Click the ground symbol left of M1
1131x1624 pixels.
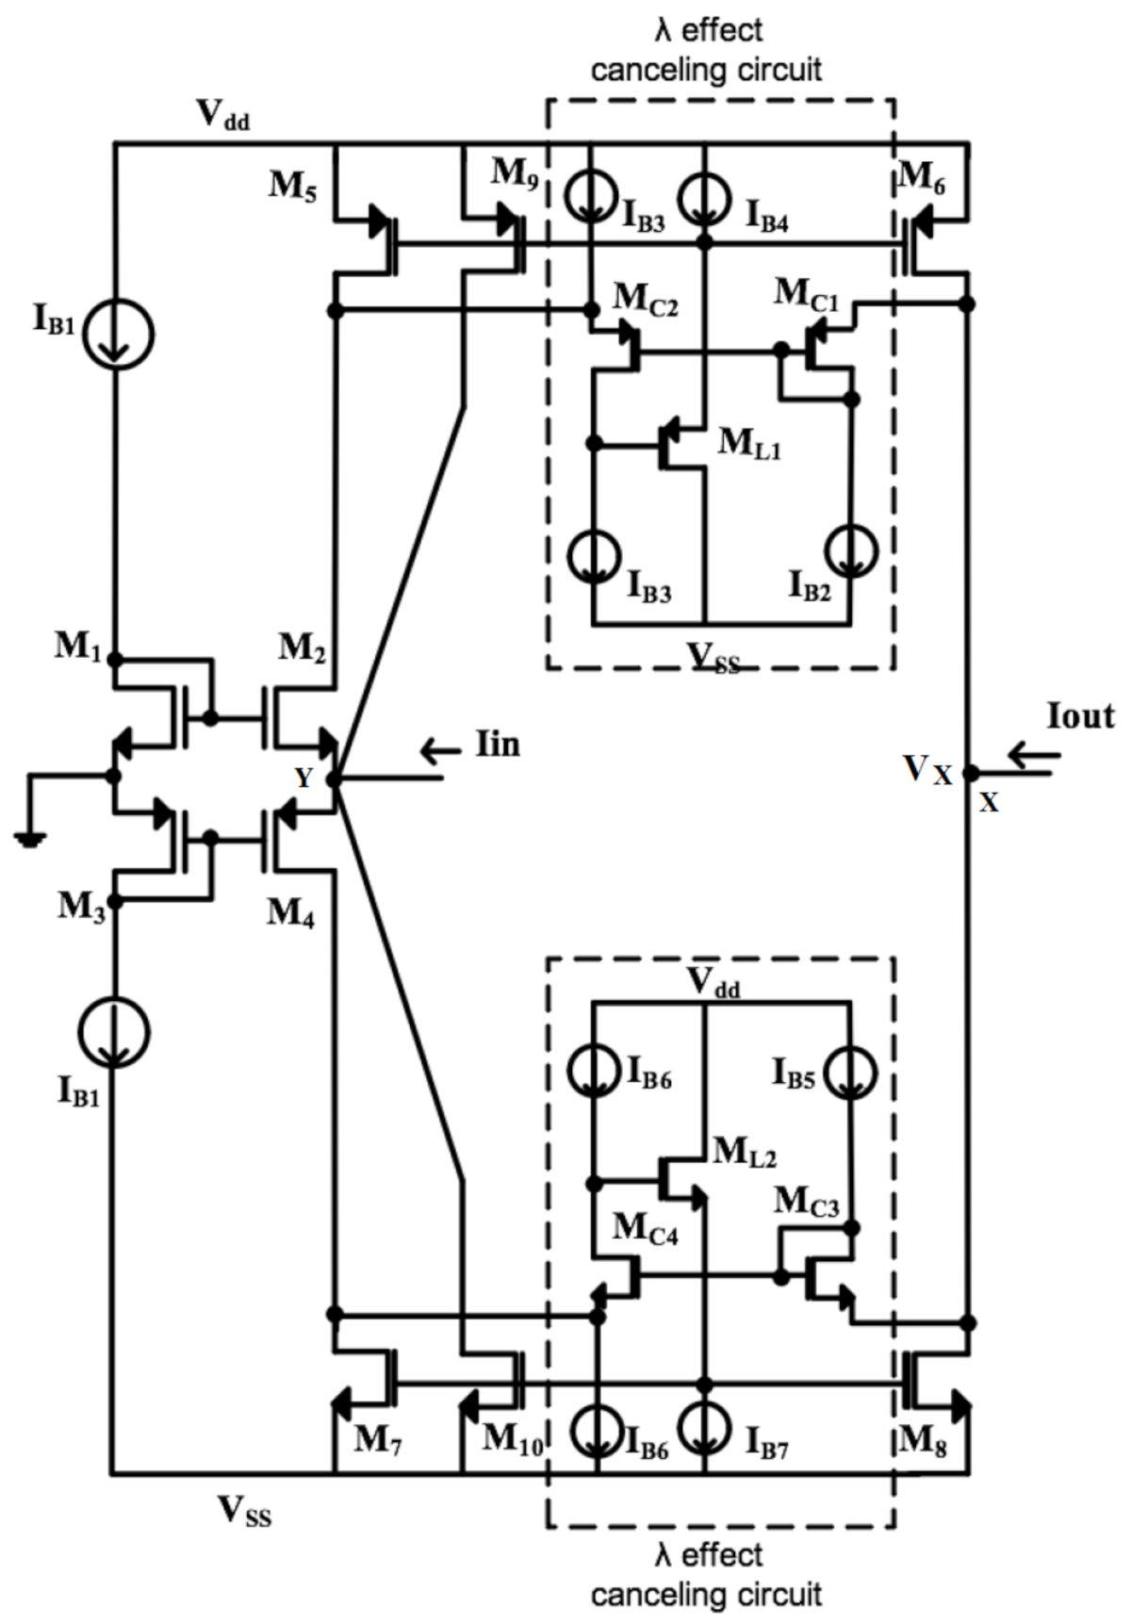coord(31,837)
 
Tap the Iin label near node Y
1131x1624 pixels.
coord(498,745)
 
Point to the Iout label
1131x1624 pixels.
coord(1080,717)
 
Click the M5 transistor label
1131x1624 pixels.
coord(293,185)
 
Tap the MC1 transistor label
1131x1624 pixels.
coord(806,293)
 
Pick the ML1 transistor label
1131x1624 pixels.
coord(749,442)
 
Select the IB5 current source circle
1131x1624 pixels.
coord(851,1073)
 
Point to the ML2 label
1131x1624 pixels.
coord(745,1150)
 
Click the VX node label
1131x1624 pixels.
coord(927,771)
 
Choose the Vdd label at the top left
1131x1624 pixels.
coord(222,114)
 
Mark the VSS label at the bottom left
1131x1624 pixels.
coord(244,1511)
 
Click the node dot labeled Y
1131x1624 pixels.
coord(333,779)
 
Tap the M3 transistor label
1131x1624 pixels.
coord(81,907)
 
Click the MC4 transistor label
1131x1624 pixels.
coord(645,1228)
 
